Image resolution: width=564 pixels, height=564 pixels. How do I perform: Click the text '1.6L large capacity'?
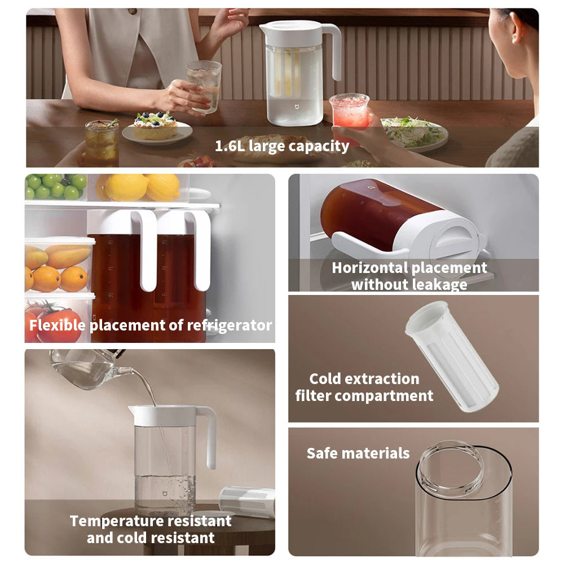(282, 146)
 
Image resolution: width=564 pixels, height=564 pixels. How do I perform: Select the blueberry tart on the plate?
(155, 125)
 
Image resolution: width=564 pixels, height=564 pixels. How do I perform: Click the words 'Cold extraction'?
(364, 378)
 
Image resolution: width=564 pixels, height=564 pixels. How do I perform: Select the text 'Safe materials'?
(358, 453)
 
